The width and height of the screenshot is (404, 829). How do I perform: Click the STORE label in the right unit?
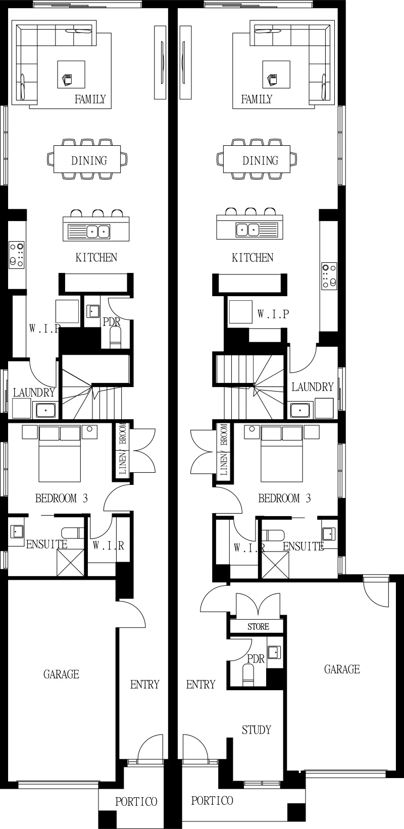point(258,627)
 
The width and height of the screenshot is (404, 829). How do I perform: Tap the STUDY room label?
point(256,730)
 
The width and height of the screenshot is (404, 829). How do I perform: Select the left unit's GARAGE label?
point(61,674)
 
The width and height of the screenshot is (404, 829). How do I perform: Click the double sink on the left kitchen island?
point(98,231)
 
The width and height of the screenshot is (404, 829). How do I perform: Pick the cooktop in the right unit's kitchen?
point(329,275)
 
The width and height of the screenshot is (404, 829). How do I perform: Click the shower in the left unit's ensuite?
point(70,563)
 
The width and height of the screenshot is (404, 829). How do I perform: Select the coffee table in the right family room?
point(276,75)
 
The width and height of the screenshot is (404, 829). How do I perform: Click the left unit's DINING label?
point(89,160)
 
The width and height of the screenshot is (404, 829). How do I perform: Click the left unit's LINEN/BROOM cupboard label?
point(123,449)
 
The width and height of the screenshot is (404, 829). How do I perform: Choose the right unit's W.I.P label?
point(273,314)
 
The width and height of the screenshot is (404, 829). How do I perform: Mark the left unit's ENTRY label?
point(144,685)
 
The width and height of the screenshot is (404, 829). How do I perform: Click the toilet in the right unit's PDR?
point(248,675)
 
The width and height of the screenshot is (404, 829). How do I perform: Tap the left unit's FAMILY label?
point(90,99)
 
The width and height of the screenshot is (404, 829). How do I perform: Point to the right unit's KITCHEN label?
point(252,258)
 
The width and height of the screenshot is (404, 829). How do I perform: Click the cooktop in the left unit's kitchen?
point(17,255)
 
